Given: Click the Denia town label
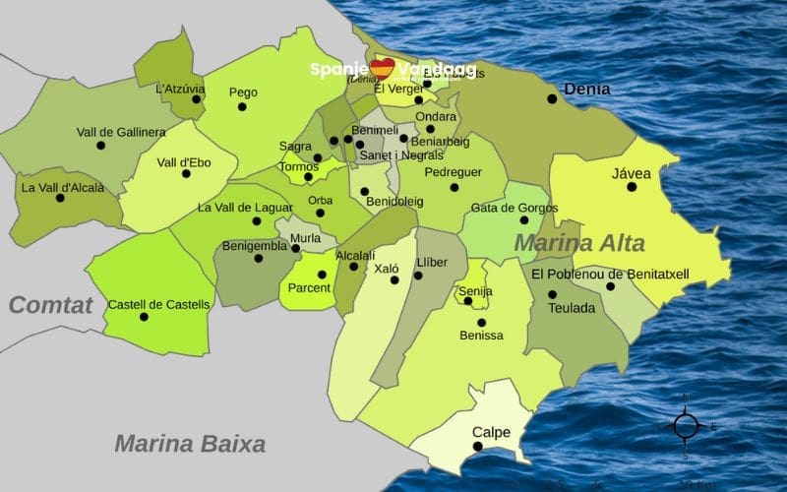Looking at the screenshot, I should point(586,89).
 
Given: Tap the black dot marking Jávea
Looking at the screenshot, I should point(632,187).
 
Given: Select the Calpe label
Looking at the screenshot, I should point(491,432).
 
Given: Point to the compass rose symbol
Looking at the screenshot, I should point(686,426).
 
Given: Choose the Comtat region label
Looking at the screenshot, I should point(50,305).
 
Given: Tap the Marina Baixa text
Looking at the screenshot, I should point(190,444).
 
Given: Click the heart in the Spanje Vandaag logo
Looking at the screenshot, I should point(383,68).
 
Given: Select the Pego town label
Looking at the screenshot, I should point(243,92).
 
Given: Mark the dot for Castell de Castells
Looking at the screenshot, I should point(144,317).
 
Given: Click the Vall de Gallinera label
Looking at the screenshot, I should point(121,132).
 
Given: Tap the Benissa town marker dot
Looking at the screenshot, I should point(481,322).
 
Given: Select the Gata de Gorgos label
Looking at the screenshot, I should point(515,208).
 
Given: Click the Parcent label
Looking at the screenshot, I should point(309,287).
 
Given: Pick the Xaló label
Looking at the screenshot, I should point(386,268).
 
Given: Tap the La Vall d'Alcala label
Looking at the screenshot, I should point(62,186).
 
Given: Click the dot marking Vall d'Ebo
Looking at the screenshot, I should point(184,175).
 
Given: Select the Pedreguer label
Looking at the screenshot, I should point(454,172).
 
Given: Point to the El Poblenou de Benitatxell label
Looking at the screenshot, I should point(611,274).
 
